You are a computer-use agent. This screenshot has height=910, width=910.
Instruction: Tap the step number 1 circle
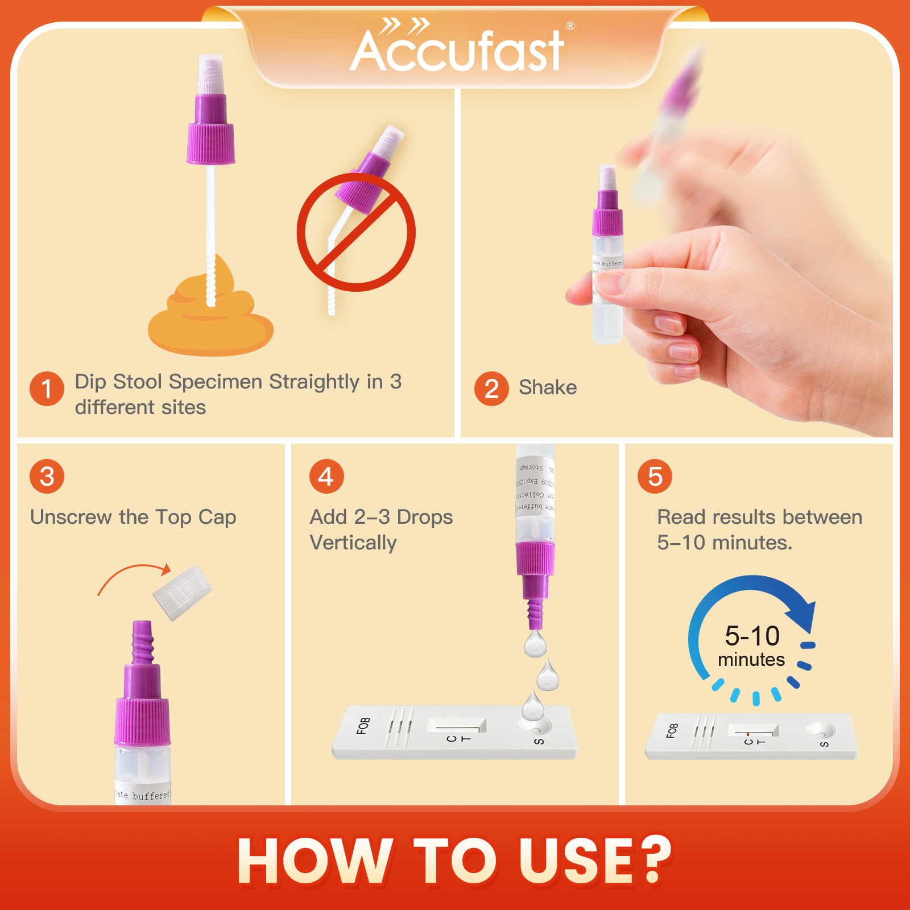click(47, 389)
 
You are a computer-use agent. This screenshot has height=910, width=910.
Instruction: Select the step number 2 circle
click(491, 389)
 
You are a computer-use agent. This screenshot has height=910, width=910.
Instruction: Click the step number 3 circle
click(47, 477)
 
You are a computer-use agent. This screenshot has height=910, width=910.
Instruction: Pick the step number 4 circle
click(326, 477)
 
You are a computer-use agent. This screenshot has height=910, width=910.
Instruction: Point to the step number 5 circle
click(655, 477)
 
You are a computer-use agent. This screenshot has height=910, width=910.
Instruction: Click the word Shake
click(548, 388)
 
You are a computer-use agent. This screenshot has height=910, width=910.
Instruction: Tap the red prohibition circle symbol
click(356, 232)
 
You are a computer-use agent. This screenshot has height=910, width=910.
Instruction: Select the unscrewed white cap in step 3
click(182, 593)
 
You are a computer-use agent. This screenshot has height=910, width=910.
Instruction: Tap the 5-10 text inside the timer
click(752, 636)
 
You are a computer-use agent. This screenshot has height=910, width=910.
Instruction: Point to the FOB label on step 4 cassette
click(363, 726)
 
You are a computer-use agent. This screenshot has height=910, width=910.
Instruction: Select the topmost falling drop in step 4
click(535, 644)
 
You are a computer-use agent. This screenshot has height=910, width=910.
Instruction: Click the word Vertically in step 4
click(353, 543)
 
